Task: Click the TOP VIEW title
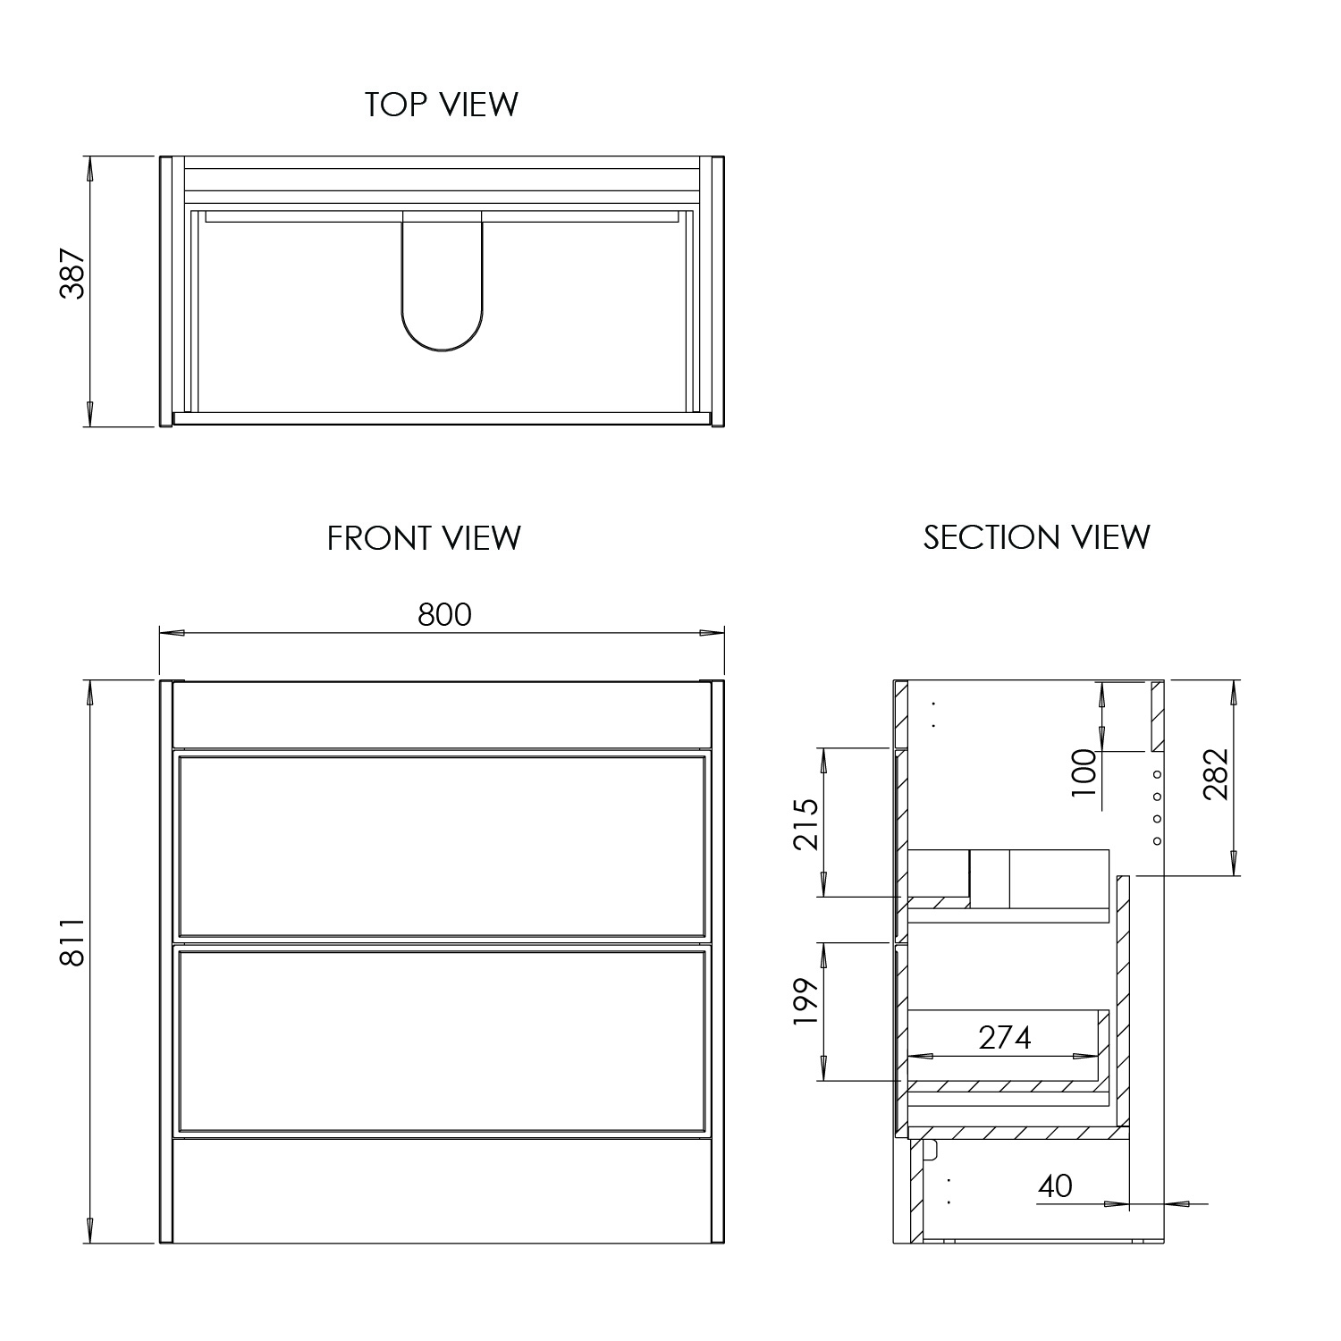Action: coord(441,105)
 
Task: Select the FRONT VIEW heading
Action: coord(424,538)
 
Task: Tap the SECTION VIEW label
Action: coord(1036,537)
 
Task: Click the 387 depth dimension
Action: coord(72,274)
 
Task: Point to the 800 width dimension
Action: coord(444,615)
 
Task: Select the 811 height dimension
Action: coord(72,940)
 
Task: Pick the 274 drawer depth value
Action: coord(1005,1037)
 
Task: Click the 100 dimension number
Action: coord(1084,772)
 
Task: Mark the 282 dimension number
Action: coord(1216,772)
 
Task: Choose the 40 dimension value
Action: coord(1055,1185)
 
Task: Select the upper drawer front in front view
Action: coord(443,846)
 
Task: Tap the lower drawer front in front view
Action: coord(443,1041)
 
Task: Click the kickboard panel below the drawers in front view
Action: coord(443,1191)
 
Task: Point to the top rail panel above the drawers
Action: coord(443,715)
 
